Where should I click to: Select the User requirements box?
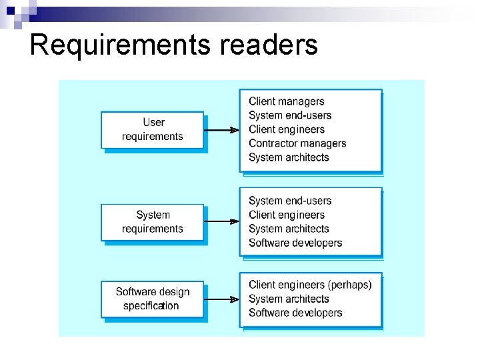153,129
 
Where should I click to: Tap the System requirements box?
153,222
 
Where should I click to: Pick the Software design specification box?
153,299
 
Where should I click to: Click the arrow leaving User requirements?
221,130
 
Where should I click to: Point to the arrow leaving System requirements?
221,221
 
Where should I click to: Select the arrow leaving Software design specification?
221,299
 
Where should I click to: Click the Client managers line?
286,101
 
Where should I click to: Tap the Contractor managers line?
297,143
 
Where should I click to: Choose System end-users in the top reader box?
290,115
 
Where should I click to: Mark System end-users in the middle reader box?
290,201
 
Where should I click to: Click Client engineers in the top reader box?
287,129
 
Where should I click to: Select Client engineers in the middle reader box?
287,215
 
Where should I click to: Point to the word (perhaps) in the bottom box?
350,285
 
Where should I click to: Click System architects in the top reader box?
289,157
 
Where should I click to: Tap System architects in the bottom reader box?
289,299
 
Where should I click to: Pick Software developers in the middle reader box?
295,243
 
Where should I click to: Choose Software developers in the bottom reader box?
295,313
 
